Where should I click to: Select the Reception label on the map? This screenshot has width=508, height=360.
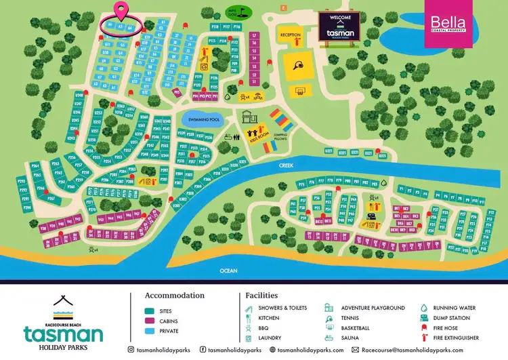click(291, 35)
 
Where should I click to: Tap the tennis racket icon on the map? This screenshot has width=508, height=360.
click(299, 66)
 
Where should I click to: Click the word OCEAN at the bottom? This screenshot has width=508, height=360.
click(229, 271)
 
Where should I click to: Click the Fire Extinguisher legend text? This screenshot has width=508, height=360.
click(460, 338)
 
